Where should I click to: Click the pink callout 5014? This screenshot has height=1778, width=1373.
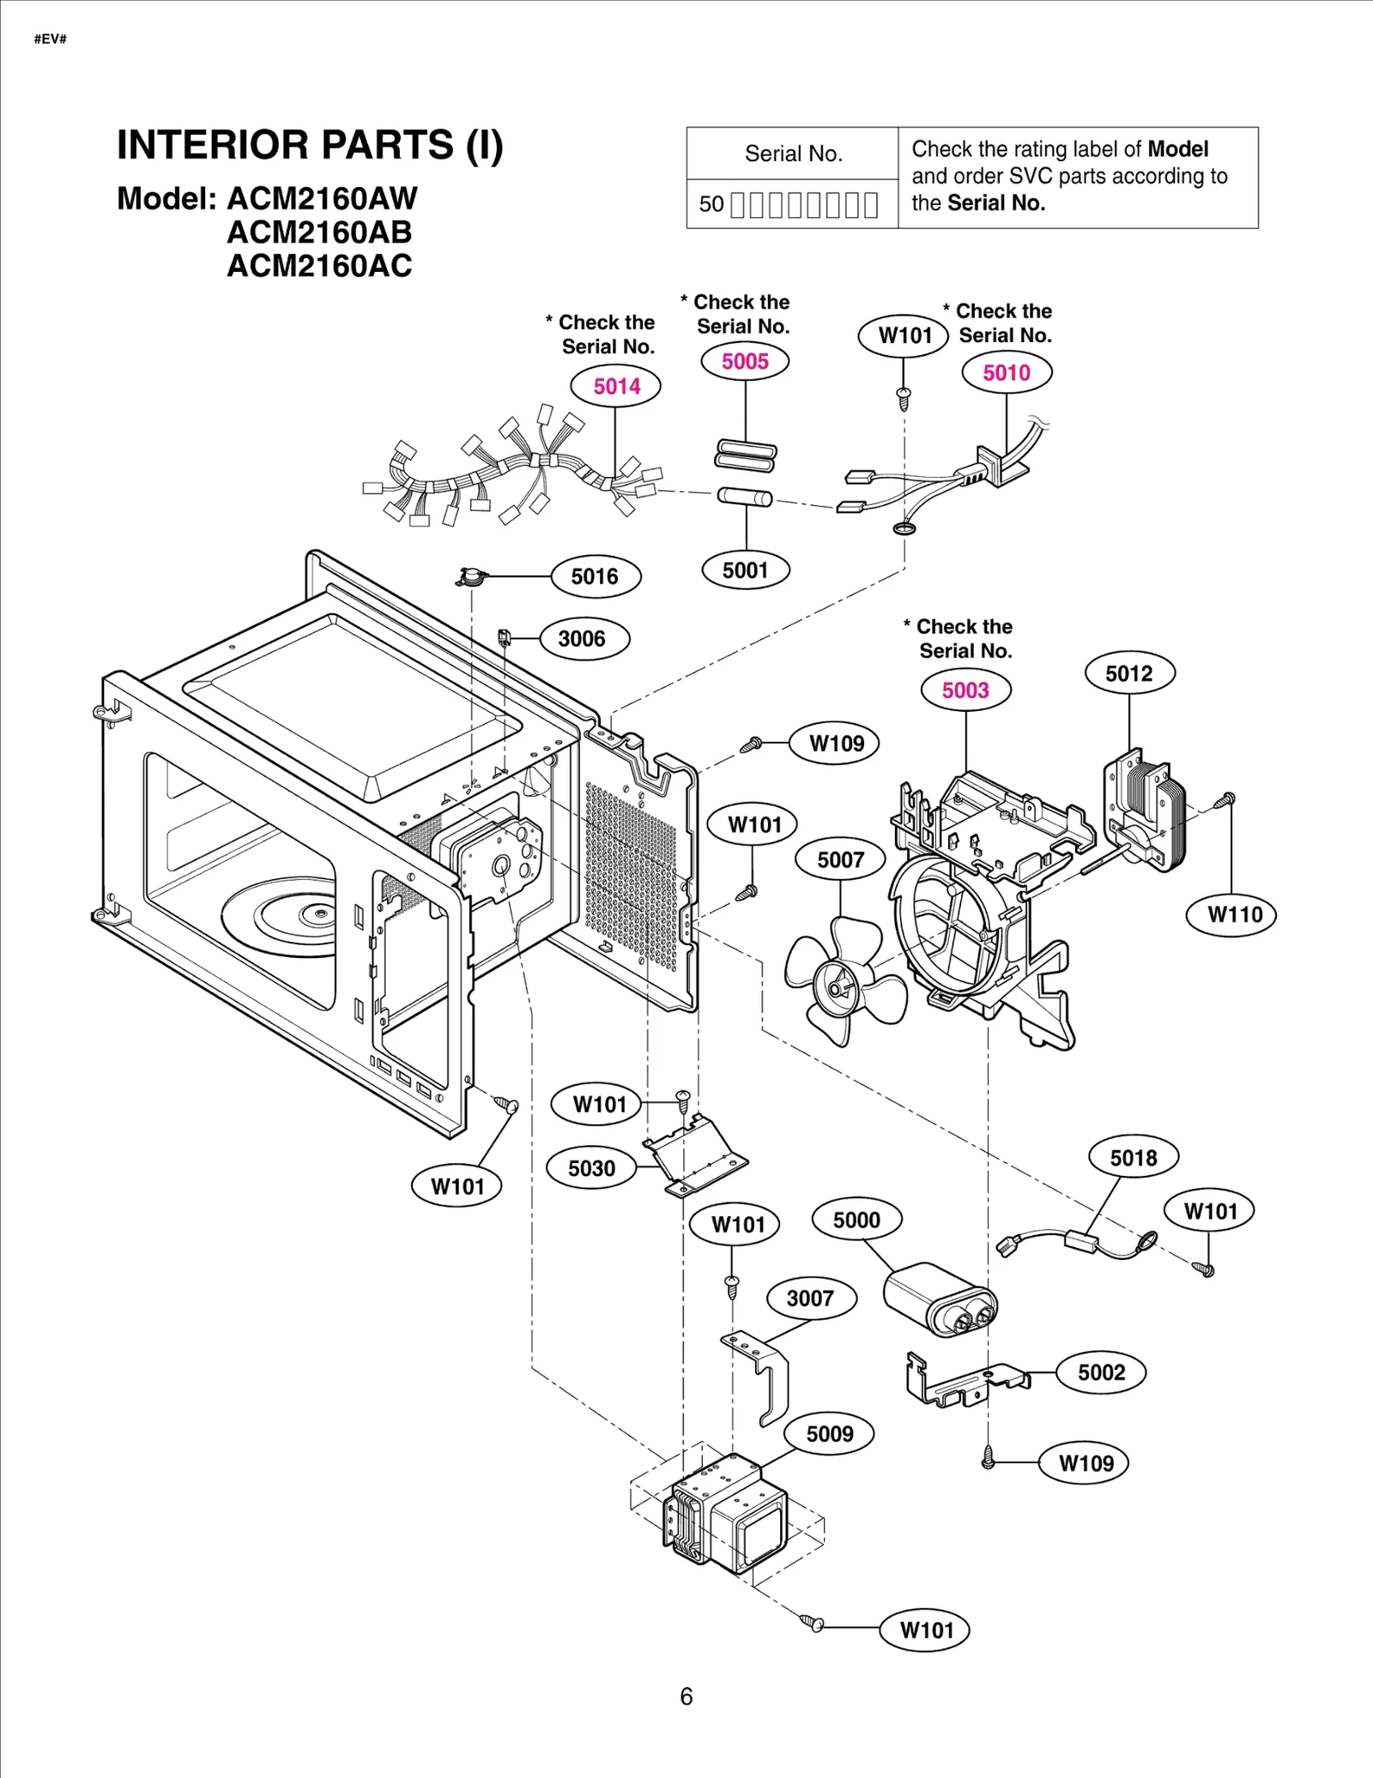point(616,386)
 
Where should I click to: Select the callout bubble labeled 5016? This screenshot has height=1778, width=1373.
point(595,576)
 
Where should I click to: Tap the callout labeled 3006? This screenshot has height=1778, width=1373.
point(582,639)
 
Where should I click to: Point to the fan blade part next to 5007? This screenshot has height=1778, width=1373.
point(844,981)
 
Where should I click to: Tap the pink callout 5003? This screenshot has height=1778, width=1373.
point(965,690)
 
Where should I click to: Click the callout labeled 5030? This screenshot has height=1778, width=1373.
point(591,1168)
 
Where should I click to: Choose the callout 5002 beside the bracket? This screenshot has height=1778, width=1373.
point(1101,1372)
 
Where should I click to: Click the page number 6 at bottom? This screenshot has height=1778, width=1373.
point(686,1697)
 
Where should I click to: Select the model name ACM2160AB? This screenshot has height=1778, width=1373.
point(319,232)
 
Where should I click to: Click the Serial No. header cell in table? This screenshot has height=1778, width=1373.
point(793,154)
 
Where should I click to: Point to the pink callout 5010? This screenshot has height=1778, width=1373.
point(1006,373)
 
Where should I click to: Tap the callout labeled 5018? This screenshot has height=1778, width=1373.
point(1134,1158)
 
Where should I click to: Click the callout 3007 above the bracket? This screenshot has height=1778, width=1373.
point(810,1298)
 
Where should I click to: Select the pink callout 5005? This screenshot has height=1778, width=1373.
point(745,361)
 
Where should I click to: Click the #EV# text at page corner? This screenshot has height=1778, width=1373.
point(51,39)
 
